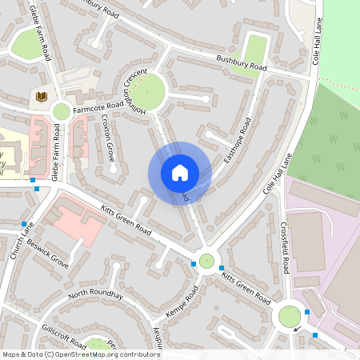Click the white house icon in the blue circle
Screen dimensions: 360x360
[180, 172]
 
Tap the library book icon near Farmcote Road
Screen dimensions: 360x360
[41, 98]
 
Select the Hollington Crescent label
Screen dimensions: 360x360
[136, 90]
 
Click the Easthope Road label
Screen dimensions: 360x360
[238, 141]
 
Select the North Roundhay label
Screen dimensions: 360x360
[96, 294]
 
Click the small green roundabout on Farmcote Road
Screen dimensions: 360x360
[61, 111]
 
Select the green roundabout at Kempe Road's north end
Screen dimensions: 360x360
[207, 260]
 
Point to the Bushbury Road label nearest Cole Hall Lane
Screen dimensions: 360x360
[241, 64]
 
